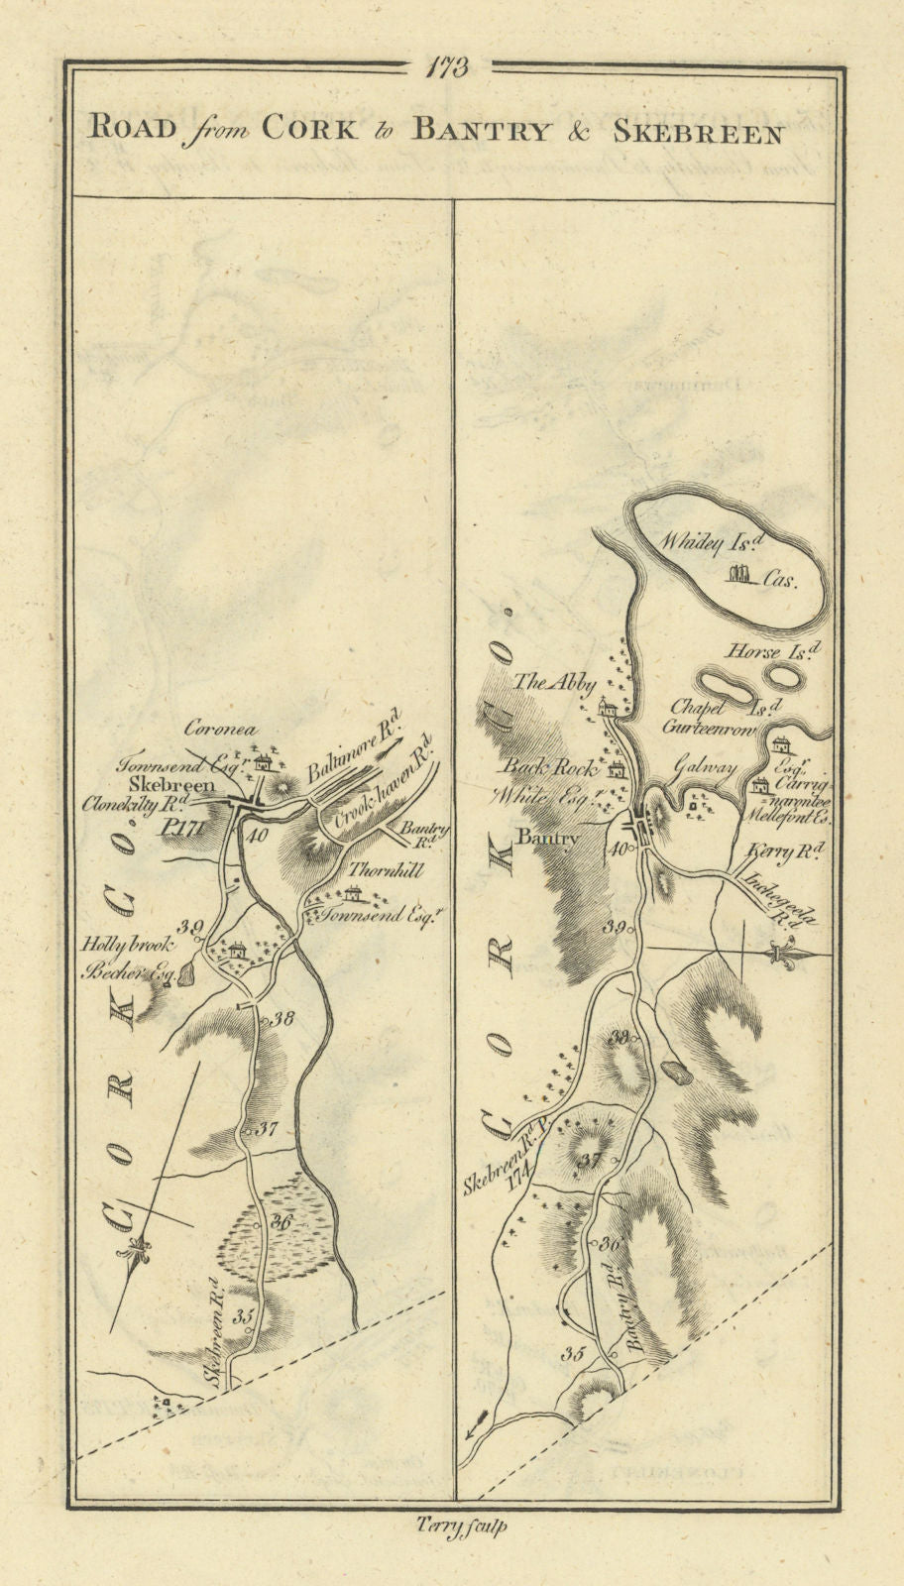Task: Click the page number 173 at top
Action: coord(448,67)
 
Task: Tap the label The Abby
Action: coord(568,683)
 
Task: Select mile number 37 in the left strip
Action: coord(267,1128)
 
